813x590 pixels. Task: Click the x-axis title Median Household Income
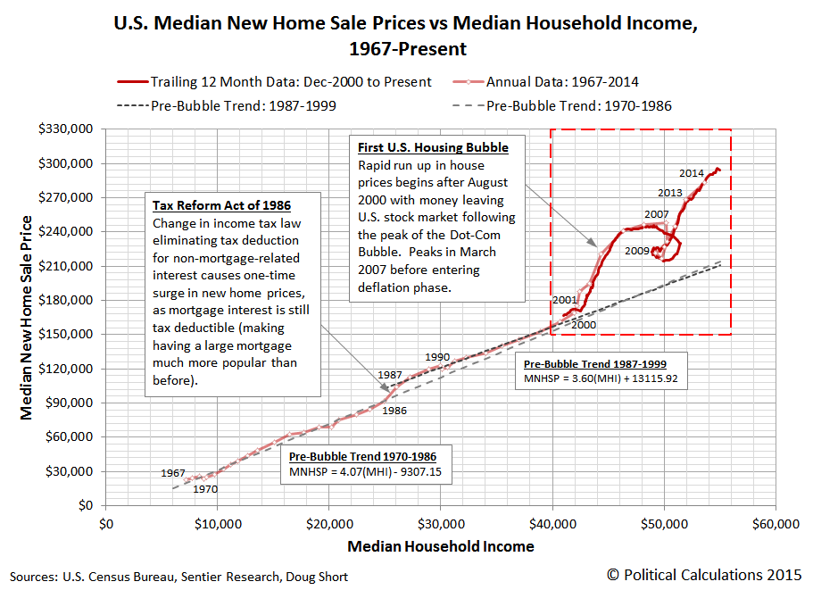click(441, 546)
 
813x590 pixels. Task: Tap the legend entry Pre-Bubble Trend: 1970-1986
click(579, 105)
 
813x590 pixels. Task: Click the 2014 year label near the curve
click(691, 173)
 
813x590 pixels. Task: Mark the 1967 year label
click(173, 472)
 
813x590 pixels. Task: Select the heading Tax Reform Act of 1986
click(221, 204)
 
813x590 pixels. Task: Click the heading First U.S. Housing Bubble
click(433, 147)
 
